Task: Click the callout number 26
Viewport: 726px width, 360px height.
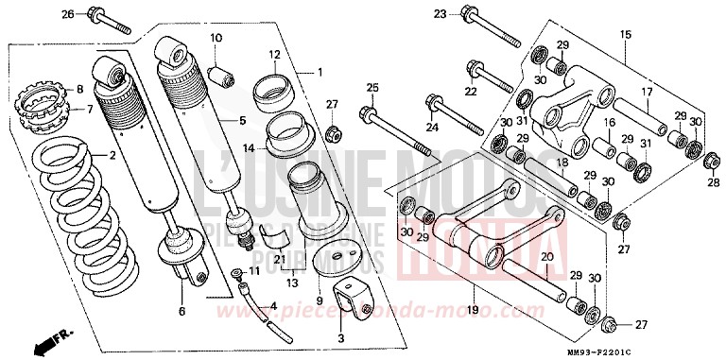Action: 68,14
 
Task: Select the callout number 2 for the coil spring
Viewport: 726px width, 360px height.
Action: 112,155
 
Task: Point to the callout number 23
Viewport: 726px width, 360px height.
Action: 440,14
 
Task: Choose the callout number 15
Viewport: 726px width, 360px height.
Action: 625,35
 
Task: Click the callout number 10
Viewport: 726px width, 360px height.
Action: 216,38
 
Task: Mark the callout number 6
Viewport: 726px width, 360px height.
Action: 181,311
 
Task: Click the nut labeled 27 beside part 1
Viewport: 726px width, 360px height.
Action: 332,129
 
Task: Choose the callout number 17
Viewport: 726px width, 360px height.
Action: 648,92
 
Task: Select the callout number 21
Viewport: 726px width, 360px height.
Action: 280,260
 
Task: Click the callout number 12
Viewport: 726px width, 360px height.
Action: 274,54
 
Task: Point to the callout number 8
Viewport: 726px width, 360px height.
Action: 80,90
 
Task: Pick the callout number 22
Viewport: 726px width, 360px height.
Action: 470,92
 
